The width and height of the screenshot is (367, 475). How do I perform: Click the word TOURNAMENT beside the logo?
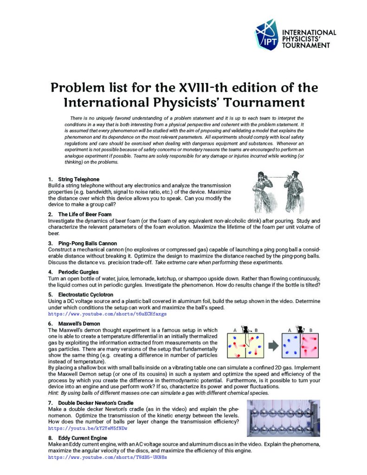coord(307,45)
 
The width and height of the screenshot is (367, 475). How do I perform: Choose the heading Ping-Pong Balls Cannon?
coord(87,243)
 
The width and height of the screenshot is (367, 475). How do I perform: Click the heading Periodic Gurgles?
coord(78,272)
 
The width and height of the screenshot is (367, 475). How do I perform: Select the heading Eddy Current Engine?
coord(83,438)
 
